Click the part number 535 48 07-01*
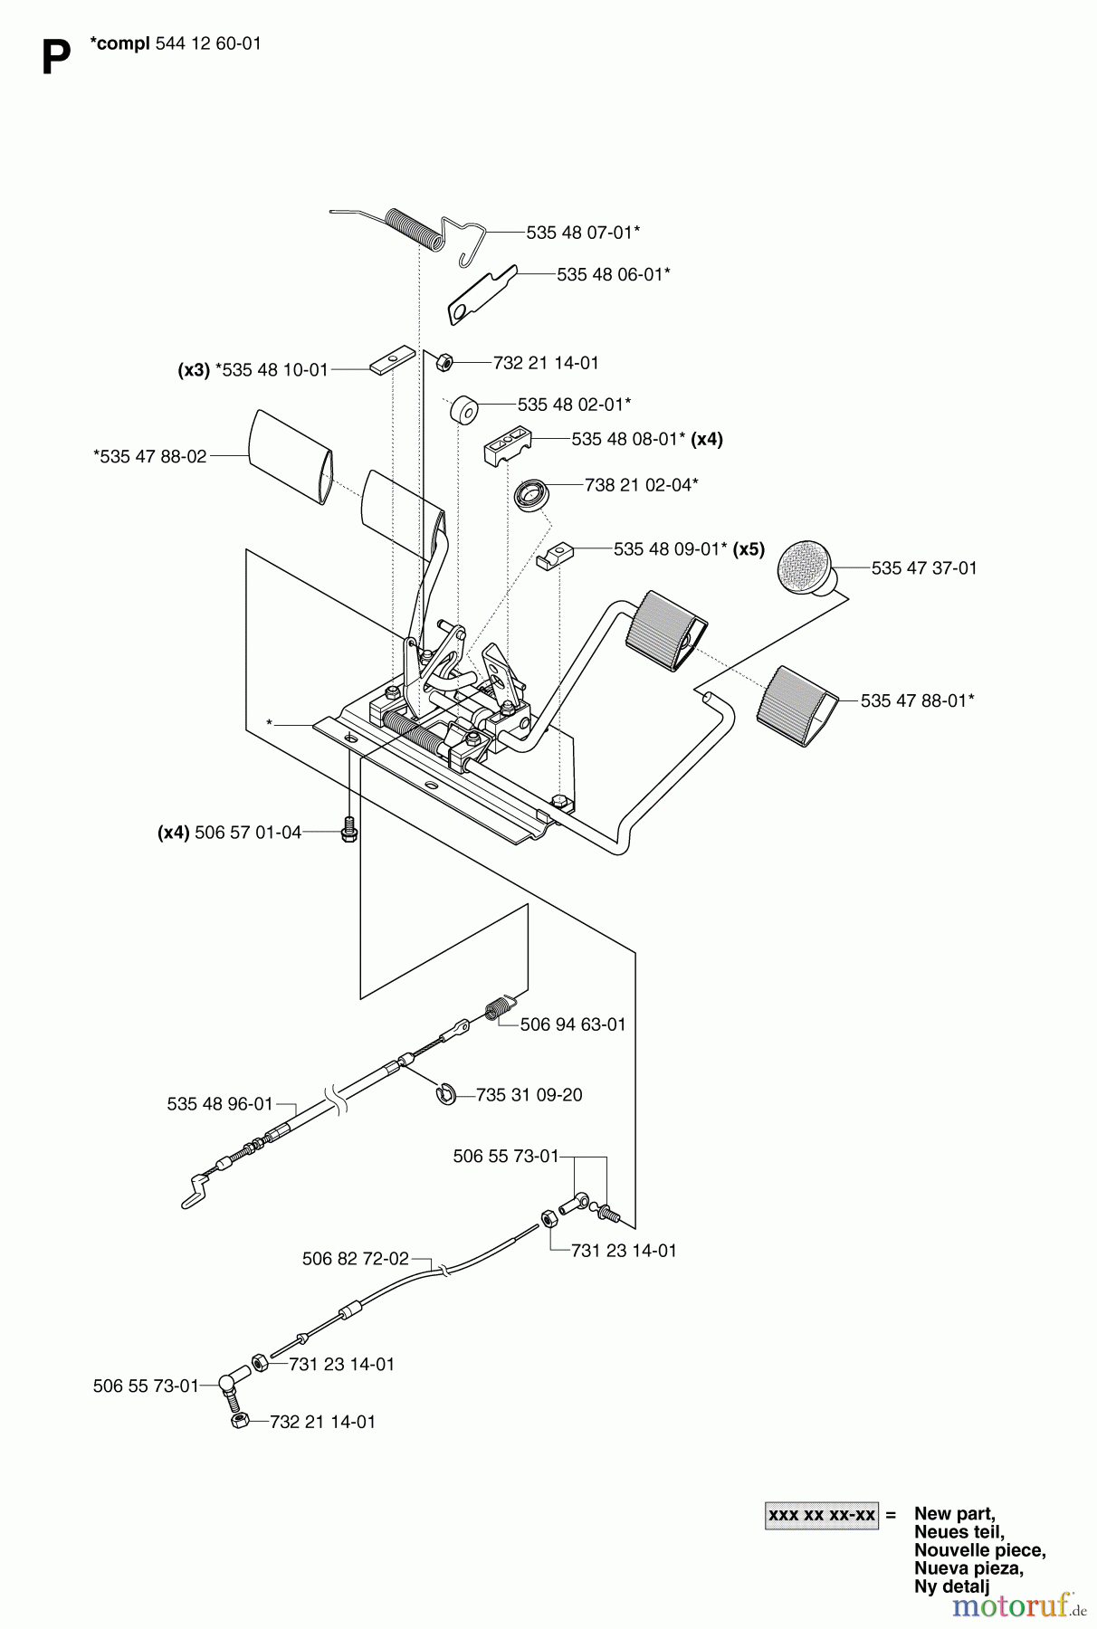point(583,233)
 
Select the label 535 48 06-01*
point(613,274)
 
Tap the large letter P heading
point(56,60)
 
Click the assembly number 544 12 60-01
point(208,43)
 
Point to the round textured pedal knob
point(806,567)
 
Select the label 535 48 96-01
point(219,1104)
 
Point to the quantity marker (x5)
point(749,549)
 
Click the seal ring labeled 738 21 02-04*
point(527,495)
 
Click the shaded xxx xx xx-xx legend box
point(821,1515)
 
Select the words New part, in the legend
point(954,1513)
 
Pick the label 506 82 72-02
point(355,1259)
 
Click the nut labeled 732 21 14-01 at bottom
point(240,1422)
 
